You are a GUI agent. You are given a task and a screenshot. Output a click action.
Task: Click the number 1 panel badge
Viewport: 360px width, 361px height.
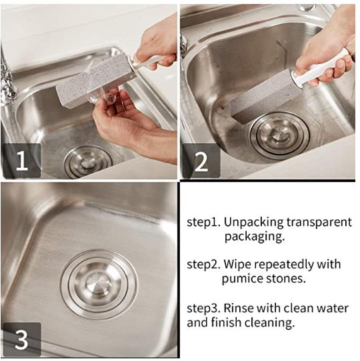pos(22,161)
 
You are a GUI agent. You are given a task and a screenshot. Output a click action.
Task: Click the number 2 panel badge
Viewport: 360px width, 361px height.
pos(201,161)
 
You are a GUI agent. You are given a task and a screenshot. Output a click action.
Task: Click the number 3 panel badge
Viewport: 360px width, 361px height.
pos(22,339)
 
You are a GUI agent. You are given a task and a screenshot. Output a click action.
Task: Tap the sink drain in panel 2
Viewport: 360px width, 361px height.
pos(279,136)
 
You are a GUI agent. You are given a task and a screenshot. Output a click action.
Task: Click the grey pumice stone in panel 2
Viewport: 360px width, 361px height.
pos(265,95)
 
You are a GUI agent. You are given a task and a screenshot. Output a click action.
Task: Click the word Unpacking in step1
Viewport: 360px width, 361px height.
pos(253,223)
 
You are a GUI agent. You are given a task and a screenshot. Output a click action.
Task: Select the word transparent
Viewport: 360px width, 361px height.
pos(319,222)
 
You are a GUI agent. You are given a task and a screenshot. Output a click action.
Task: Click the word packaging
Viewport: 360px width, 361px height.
pos(255,237)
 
